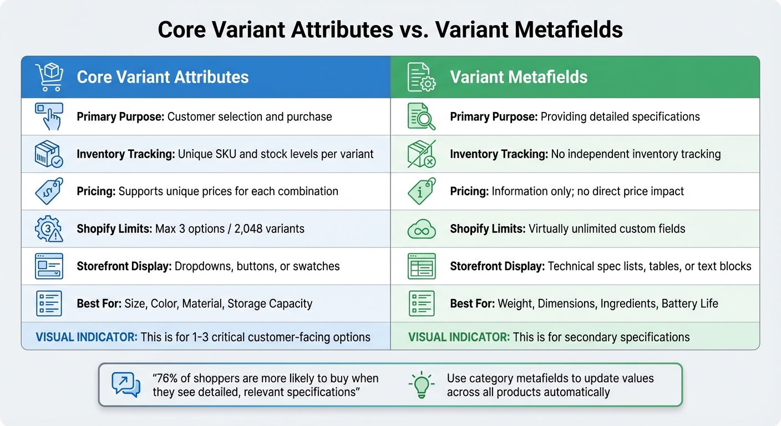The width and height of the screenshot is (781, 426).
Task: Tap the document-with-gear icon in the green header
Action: [422, 77]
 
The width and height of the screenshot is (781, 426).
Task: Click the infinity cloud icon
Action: [422, 229]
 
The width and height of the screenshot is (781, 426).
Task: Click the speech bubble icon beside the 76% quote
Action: [126, 385]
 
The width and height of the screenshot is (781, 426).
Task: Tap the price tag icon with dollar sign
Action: [49, 191]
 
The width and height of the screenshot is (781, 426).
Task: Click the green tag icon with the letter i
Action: [422, 191]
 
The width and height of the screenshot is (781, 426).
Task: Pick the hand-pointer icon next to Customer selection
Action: [49, 116]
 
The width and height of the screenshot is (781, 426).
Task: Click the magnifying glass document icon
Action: [422, 116]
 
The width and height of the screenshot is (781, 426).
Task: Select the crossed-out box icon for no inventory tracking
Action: [422, 154]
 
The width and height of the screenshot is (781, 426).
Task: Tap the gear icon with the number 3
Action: [49, 229]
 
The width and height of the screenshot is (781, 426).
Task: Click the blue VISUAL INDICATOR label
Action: [87, 337]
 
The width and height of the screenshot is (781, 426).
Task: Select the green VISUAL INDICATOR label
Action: [459, 337]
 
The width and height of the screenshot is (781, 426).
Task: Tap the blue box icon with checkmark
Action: [49, 154]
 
